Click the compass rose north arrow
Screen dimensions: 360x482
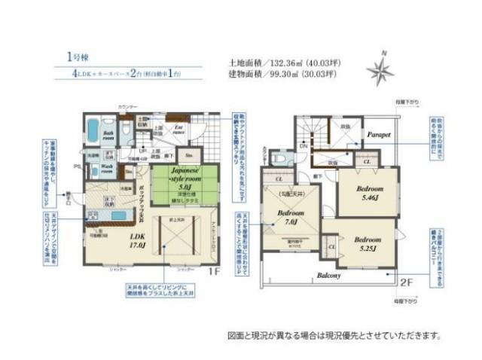click(x=380, y=70)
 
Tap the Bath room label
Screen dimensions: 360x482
click(x=108, y=136)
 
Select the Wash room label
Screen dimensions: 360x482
click(x=108, y=168)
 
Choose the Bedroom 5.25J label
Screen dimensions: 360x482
click(x=368, y=244)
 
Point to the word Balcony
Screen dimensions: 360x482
click(x=328, y=276)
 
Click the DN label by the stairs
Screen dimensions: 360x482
click(x=303, y=145)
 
